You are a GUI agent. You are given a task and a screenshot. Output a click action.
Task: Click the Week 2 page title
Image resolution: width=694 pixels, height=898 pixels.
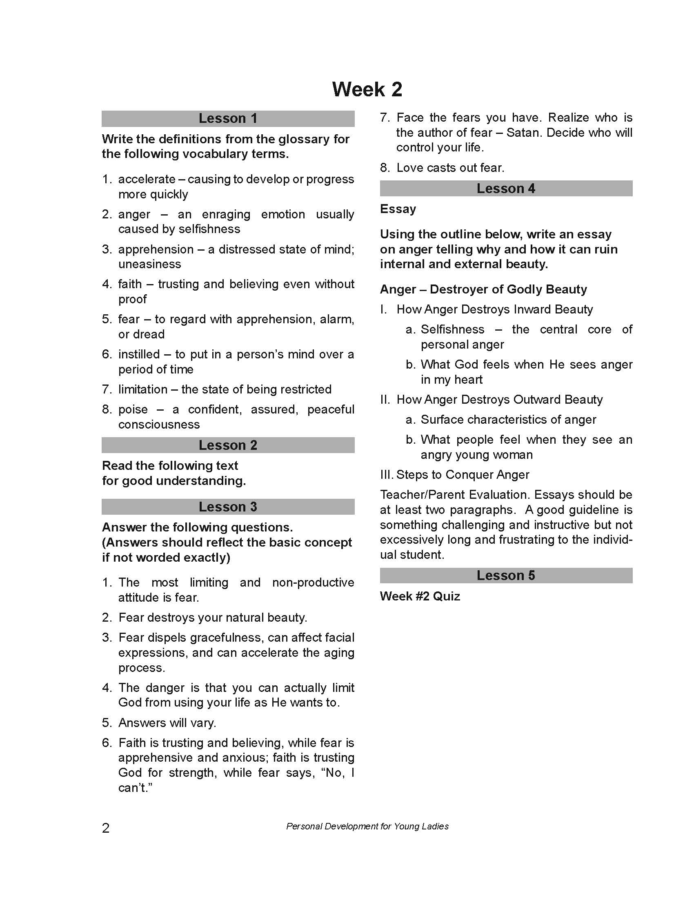367,89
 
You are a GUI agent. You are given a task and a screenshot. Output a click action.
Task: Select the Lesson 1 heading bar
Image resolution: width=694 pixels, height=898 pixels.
228,118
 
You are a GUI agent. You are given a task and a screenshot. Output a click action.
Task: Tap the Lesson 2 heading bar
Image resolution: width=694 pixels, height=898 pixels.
228,445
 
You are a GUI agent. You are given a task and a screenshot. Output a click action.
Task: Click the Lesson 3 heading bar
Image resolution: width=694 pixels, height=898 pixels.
228,507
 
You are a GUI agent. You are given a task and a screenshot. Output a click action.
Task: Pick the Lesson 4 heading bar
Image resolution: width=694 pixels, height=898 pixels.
506,188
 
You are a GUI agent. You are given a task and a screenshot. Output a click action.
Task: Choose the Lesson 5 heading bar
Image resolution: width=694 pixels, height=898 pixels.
506,575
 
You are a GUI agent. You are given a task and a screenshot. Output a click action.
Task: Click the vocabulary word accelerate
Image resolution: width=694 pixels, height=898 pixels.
147,179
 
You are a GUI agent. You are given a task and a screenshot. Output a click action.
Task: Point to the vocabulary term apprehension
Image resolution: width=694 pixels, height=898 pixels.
156,249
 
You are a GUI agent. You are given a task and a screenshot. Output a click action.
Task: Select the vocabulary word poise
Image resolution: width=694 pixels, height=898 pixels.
133,409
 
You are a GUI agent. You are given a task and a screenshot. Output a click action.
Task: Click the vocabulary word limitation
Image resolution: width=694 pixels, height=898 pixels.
142,389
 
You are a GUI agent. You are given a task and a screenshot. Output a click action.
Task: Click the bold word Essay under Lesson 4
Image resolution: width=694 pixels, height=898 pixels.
398,209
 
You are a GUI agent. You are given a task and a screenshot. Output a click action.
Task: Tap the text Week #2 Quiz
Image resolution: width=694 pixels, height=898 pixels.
420,596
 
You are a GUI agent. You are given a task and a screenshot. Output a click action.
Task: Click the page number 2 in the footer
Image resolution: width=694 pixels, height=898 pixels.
106,828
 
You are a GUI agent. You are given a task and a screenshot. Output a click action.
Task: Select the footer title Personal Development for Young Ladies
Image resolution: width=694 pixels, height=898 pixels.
367,826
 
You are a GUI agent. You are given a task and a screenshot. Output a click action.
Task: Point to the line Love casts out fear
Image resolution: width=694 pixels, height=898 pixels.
450,168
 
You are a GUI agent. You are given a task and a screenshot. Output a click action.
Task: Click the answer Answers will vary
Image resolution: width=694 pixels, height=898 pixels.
167,722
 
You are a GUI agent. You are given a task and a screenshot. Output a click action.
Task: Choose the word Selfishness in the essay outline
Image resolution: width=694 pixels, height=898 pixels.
452,329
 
